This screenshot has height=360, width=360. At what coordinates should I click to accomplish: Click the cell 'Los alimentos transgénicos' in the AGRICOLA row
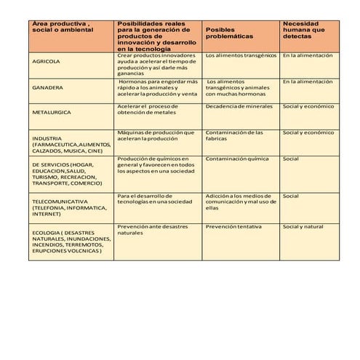[241, 55]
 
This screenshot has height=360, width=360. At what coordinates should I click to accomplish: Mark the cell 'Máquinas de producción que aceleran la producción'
[156, 136]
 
